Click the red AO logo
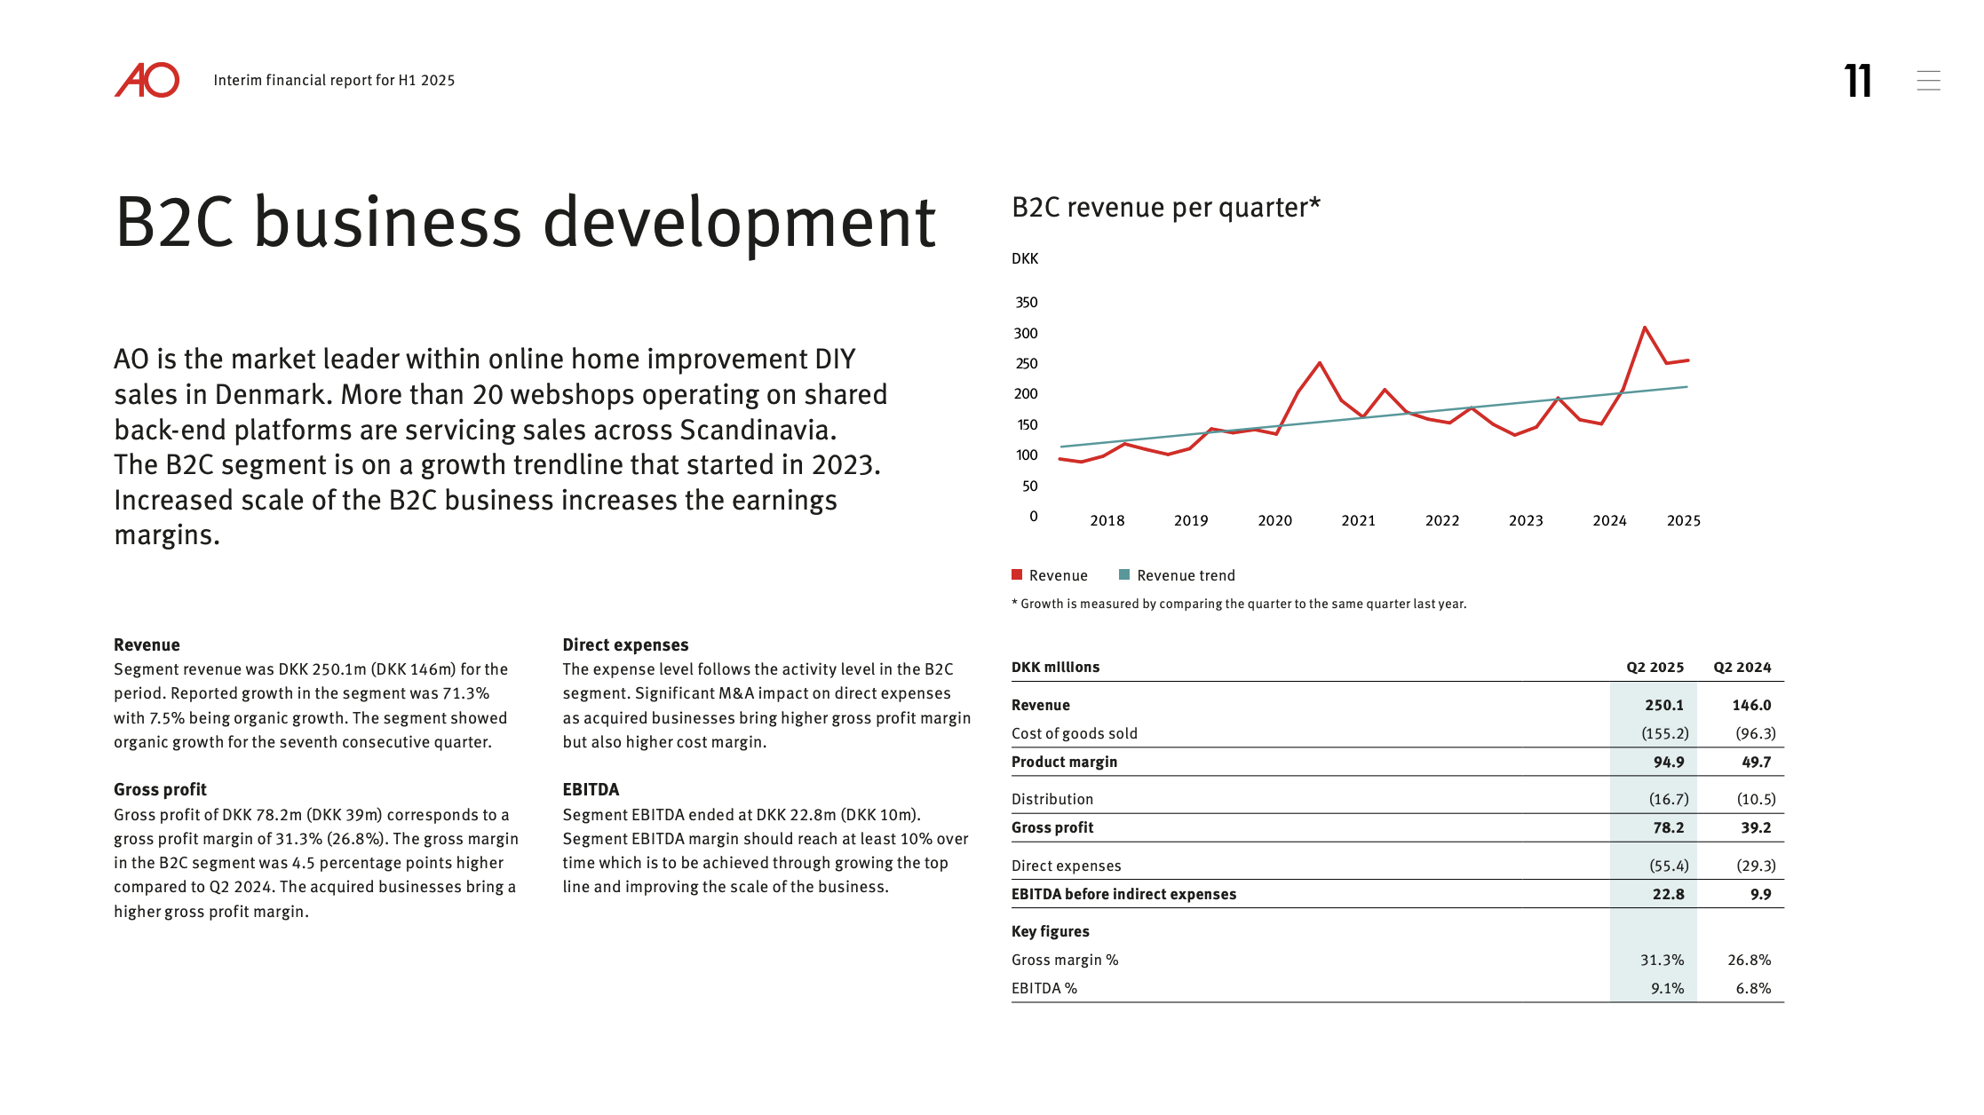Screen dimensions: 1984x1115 (147, 80)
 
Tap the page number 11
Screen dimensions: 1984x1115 (1857, 81)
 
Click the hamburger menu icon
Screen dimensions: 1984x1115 (1928, 81)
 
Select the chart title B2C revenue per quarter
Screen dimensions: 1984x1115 (1166, 207)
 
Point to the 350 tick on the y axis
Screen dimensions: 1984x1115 (1027, 303)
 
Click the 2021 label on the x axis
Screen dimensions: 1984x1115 (1358, 521)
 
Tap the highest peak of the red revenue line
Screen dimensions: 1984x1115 (1645, 328)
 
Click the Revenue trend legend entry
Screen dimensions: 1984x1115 (1177, 575)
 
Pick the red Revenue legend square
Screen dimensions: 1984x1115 (1017, 574)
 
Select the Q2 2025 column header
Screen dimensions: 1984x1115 (1655, 668)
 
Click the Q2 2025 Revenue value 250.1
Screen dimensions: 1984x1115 (1663, 705)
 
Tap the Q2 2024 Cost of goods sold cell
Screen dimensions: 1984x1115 (1756, 733)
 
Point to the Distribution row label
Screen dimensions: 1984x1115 (1052, 799)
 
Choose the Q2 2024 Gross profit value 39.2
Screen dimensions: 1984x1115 (1756, 827)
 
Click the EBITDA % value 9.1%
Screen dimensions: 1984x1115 (1667, 988)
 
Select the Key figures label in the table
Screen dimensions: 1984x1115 (1050, 931)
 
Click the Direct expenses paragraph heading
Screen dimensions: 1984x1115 (625, 645)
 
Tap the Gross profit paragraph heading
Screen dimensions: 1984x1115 (160, 790)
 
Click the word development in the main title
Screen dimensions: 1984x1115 (739, 223)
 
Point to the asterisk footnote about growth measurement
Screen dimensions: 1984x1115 (1239, 604)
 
